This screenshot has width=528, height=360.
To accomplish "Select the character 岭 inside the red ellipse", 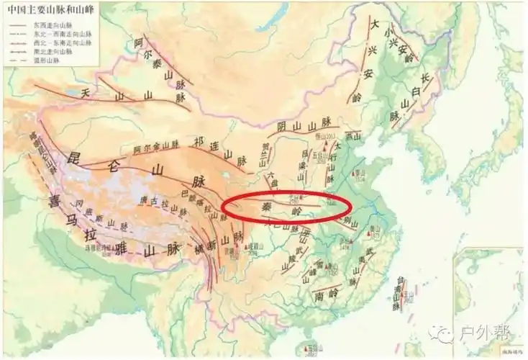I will [x=296, y=211].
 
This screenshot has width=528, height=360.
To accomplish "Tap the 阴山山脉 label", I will [x=302, y=127].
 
